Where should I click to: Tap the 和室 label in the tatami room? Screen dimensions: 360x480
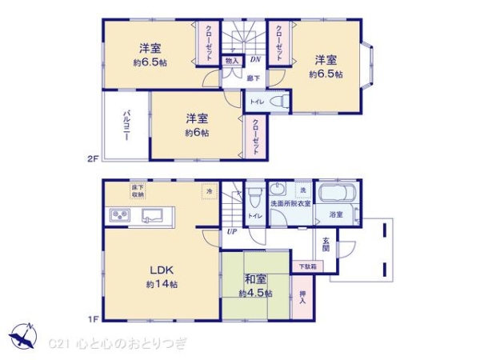click(255, 279)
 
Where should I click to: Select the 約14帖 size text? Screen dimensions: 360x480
click(162, 285)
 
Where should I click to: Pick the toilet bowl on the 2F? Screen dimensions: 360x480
click(275, 102)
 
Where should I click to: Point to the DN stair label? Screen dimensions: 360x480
click(255, 59)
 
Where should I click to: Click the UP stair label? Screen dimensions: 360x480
click(231, 232)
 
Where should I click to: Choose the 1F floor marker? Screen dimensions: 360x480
click(93, 319)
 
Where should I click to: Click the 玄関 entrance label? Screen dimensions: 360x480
click(326, 244)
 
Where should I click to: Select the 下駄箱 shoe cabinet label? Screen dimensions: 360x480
click(307, 266)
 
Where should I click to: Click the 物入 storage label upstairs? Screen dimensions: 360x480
click(231, 60)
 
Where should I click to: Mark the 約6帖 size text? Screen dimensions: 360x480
click(196, 133)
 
